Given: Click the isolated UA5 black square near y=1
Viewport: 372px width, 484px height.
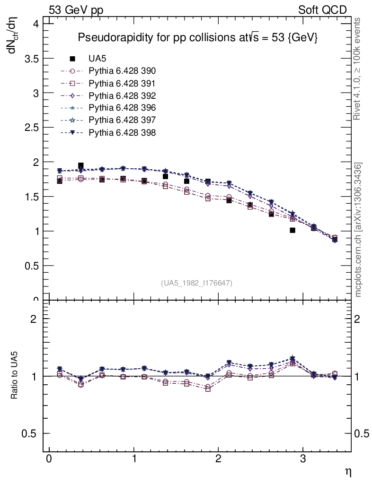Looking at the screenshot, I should click(x=292, y=230).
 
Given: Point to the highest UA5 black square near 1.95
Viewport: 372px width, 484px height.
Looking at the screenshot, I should click(x=81, y=165).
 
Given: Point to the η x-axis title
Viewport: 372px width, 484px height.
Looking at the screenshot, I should click(x=347, y=472).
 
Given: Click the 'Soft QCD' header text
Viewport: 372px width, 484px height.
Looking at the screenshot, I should click(x=322, y=10).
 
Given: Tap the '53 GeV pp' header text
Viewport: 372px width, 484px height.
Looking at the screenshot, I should click(x=80, y=10).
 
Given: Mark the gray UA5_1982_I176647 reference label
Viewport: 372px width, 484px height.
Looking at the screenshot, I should click(x=197, y=283).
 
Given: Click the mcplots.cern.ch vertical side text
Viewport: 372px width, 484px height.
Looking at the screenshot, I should click(x=359, y=230).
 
